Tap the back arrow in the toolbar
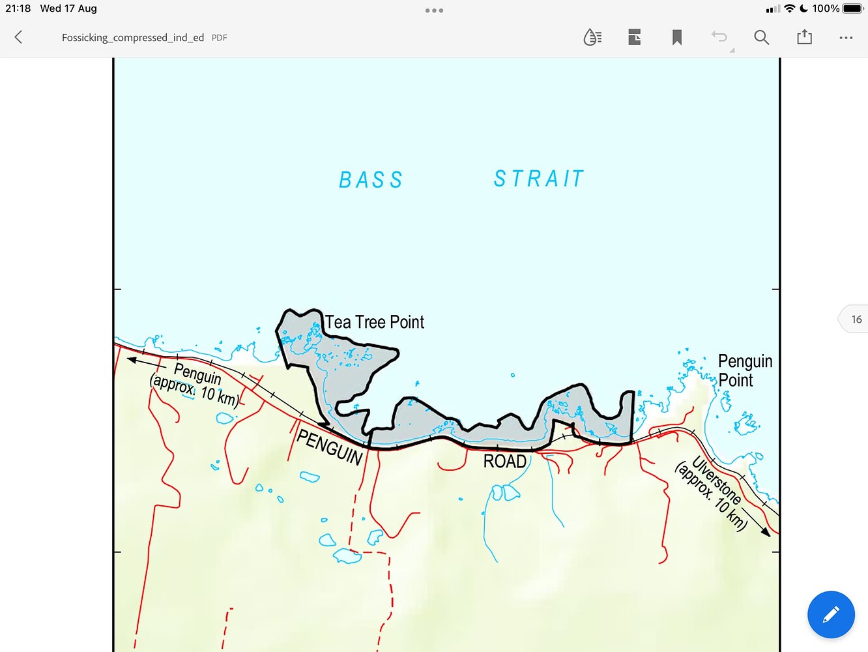(18, 37)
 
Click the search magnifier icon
(761, 37)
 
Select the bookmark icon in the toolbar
(677, 37)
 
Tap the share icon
(804, 37)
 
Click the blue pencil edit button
(831, 614)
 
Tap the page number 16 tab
(856, 319)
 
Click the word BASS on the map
(371, 180)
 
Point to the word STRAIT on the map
(538, 179)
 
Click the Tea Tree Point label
(375, 322)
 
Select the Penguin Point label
(744, 370)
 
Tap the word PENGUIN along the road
(330, 447)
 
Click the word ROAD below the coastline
(504, 462)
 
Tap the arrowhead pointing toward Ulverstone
(766, 532)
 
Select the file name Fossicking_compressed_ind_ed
(133, 38)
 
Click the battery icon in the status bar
(852, 8)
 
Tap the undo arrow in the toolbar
(719, 37)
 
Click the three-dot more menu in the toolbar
(846, 38)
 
